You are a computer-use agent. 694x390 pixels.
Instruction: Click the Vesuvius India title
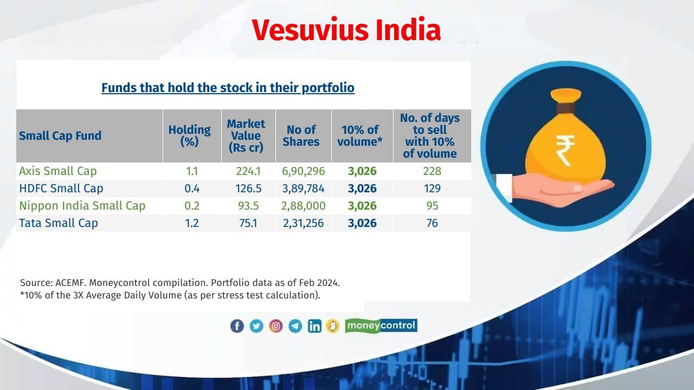[x=346, y=30]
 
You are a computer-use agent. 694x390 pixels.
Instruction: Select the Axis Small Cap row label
[x=58, y=171]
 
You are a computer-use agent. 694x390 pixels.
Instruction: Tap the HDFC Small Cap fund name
[x=61, y=188]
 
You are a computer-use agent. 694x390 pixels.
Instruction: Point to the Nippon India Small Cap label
[x=82, y=206]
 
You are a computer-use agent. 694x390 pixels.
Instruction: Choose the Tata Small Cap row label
[x=59, y=223]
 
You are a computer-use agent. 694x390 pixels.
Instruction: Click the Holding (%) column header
[x=190, y=135]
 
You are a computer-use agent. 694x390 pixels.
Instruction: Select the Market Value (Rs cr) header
[x=246, y=135]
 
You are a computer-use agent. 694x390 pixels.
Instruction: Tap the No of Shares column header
[x=301, y=135]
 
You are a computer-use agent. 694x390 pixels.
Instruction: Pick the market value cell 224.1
[x=248, y=171]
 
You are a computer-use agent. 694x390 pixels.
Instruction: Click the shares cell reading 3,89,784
[x=303, y=188]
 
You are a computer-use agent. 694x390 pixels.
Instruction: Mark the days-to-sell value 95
[x=432, y=206]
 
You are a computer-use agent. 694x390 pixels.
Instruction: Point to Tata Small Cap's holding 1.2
[x=192, y=223]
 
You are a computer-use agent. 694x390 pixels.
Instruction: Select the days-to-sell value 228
[x=432, y=171]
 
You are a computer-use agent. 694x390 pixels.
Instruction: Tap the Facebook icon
[x=237, y=326]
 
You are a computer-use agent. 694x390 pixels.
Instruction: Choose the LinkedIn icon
[x=314, y=326]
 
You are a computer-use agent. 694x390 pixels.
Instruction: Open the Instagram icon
[x=276, y=326]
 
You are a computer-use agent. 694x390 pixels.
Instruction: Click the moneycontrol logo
[x=381, y=326]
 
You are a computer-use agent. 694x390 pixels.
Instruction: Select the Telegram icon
[x=295, y=326]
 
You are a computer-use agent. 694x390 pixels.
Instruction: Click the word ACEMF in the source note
[x=69, y=283]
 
